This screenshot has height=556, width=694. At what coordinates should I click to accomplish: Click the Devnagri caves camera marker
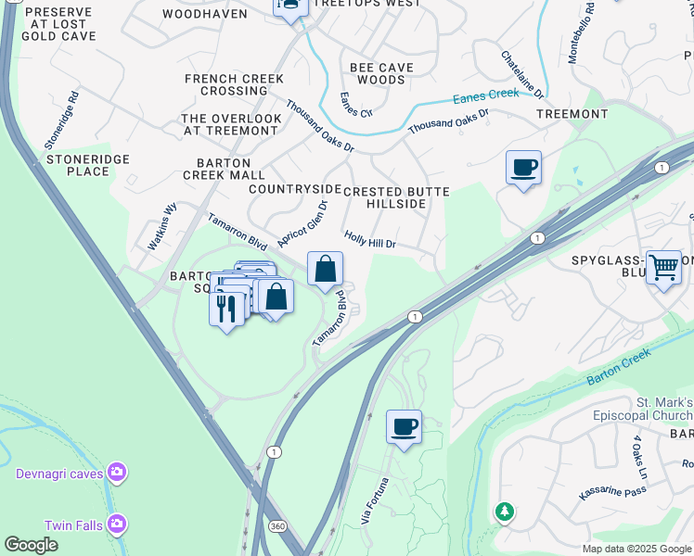tap(116, 474)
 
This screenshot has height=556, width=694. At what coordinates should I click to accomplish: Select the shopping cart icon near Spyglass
tap(663, 268)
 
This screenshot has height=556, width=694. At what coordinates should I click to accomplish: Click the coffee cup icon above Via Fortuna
tap(404, 427)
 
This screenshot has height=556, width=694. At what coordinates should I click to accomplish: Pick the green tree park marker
tap(504, 512)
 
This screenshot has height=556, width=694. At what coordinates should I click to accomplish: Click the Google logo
tap(31, 545)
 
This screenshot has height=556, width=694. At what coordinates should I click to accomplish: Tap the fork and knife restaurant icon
tap(227, 306)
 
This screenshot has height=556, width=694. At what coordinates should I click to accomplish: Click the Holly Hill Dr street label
tap(370, 240)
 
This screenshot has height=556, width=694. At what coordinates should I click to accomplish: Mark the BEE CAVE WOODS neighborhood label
tap(378, 74)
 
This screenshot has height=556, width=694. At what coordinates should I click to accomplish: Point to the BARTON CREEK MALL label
tap(224, 167)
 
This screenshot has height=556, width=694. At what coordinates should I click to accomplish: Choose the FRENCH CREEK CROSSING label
tap(227, 84)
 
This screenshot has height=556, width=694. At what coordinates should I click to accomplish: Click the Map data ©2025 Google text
tap(636, 549)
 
